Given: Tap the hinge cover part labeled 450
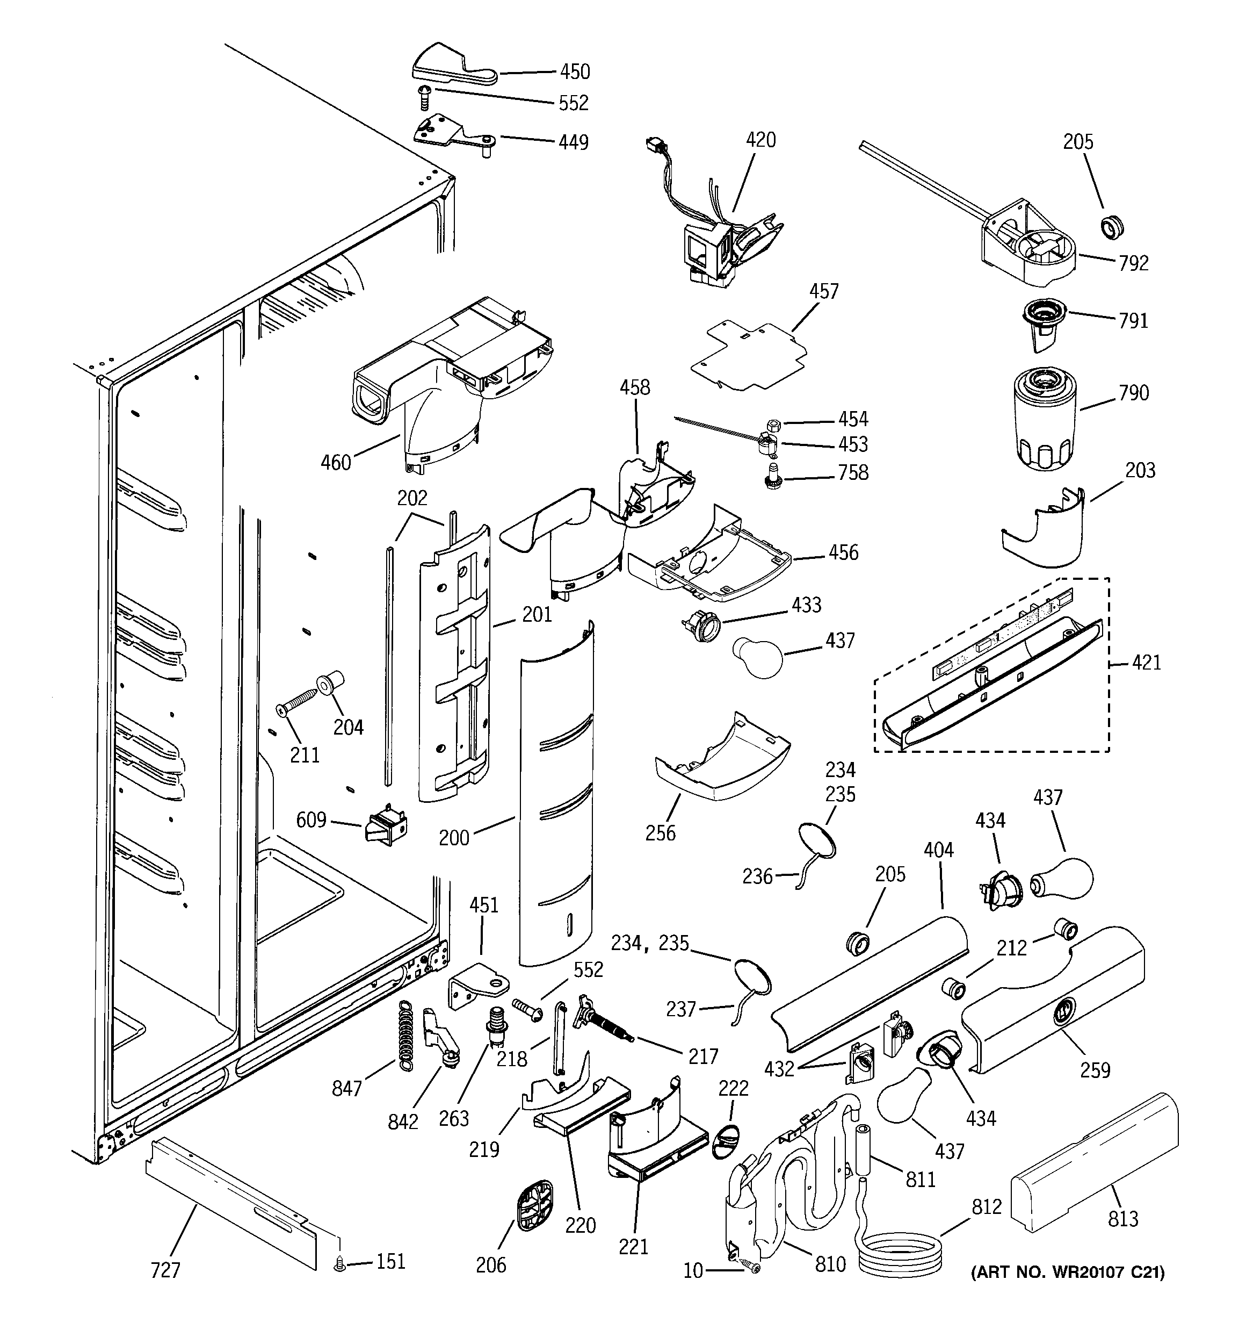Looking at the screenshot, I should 452,67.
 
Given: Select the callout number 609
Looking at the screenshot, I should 311,819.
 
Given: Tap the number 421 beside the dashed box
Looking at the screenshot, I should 1146,663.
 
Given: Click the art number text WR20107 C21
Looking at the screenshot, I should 1068,1291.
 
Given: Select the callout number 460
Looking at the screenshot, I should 335,462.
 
